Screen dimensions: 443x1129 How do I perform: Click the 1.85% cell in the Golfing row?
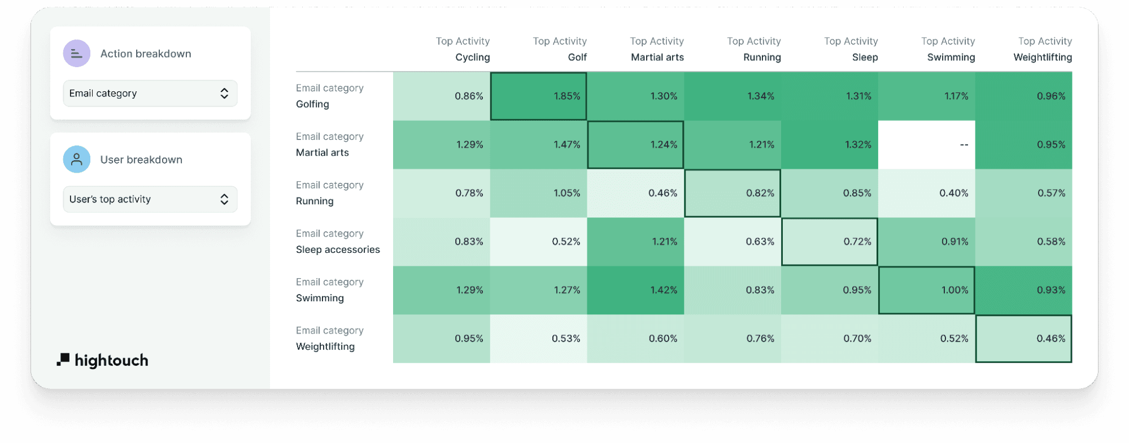coord(538,96)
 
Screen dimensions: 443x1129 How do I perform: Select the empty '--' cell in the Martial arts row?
coord(926,144)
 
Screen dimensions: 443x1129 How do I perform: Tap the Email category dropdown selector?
coord(150,93)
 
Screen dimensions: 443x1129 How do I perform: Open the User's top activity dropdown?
coord(150,199)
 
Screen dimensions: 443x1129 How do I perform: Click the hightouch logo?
coord(102,360)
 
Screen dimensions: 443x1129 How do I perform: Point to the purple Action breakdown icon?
coord(77,54)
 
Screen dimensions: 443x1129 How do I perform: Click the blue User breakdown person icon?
coord(77,160)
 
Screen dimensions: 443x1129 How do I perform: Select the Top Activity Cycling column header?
coord(463,49)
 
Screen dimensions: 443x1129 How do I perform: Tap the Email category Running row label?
coord(330,193)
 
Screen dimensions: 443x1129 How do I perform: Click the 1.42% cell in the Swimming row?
coord(635,290)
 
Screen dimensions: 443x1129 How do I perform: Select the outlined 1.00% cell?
coord(926,290)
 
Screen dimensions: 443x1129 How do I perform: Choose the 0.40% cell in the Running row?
coord(926,193)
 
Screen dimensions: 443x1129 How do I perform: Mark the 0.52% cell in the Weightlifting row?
coord(926,339)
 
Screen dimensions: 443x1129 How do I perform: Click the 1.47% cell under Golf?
coord(538,144)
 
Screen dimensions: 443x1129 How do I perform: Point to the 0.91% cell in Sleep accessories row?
coord(926,242)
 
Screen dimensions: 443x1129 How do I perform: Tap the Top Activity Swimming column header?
coord(948,49)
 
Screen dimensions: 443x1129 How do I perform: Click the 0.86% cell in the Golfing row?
coord(442,96)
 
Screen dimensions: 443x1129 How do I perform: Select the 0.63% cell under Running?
coord(733,242)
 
